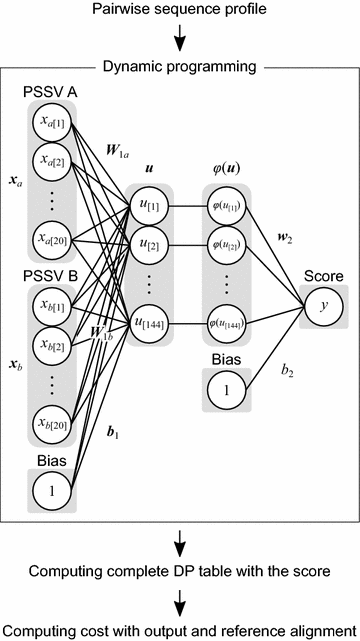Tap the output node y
322,306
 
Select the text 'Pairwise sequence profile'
179,11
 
